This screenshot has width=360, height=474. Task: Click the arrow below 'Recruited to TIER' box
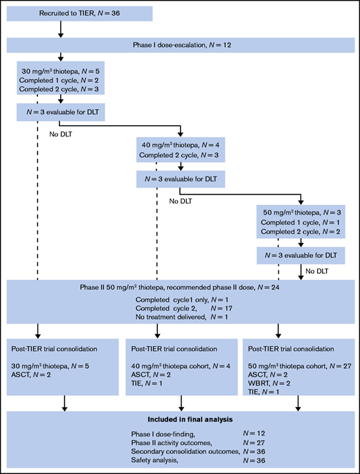(60, 30)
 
